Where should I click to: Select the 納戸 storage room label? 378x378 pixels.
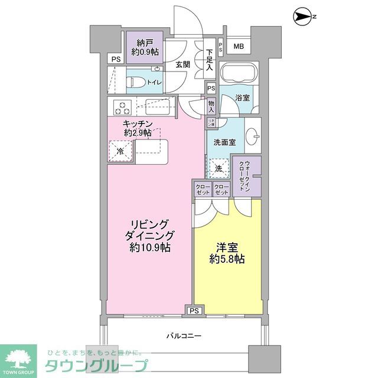click(144, 47)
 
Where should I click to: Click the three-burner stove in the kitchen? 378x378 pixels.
click(123, 107)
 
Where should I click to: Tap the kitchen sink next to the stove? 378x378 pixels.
click(158, 107)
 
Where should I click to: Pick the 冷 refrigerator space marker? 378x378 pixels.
click(120, 151)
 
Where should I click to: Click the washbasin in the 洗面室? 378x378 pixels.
click(252, 136)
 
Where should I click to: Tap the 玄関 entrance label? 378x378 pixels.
click(183, 65)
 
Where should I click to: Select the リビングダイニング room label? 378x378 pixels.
click(150, 236)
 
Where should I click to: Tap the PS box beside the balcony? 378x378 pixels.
click(194, 310)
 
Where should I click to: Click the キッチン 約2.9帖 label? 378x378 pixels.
click(138, 128)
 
